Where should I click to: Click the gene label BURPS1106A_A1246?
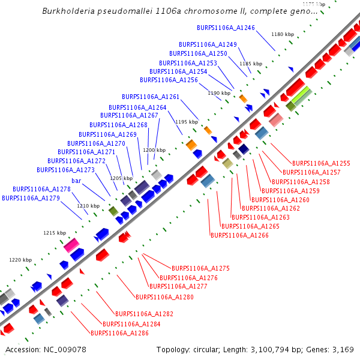(x=226, y=28)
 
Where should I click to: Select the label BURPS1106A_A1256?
(x=169, y=80)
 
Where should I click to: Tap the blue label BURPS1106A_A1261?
(x=151, y=97)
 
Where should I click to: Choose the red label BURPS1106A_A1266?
(x=239, y=235)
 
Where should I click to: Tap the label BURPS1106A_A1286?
(x=119, y=332)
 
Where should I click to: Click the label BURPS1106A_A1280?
(x=164, y=297)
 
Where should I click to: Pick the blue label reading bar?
(x=76, y=181)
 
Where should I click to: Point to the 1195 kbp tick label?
(x=186, y=122)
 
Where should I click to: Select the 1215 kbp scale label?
(x=54, y=233)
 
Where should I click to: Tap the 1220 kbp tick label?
(x=20, y=260)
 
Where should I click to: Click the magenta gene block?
(x=71, y=245)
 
